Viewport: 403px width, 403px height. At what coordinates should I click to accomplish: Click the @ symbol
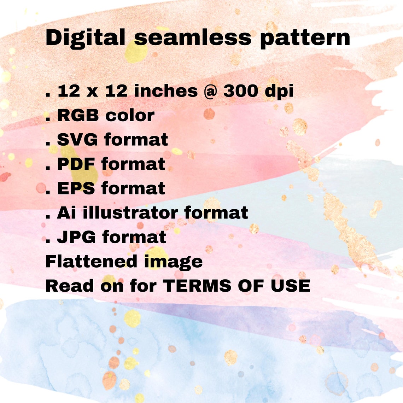[x=210, y=91]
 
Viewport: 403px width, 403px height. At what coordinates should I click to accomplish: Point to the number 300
[x=240, y=91]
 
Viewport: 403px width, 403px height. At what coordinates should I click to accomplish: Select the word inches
[x=166, y=91]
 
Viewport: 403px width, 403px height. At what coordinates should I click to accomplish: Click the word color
[x=130, y=115]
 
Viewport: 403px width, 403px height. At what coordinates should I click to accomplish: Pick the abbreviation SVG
[x=77, y=140]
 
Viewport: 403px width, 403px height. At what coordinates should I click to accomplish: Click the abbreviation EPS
[x=76, y=188]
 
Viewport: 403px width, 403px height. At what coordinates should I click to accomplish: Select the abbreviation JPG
[x=76, y=237]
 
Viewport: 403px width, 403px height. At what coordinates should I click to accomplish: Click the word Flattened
[x=91, y=261]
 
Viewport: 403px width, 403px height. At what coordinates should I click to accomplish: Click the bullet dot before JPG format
[x=47, y=241]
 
